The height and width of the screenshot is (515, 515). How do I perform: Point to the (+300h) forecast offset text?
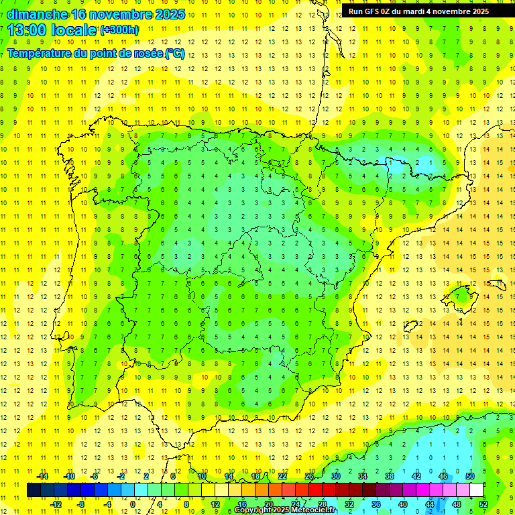[x=119, y=30]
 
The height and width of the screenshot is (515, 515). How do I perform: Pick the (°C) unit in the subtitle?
[x=174, y=53]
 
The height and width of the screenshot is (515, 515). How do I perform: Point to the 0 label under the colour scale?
[x=133, y=504]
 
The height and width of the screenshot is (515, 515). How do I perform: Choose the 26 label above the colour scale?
[x=309, y=476]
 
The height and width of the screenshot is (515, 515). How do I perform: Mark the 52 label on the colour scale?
[x=483, y=504]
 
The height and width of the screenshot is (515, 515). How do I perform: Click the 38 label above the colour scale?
[x=390, y=476]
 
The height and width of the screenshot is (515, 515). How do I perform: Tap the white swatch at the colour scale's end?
[x=476, y=490]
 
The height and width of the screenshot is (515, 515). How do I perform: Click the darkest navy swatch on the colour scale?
[x=34, y=490]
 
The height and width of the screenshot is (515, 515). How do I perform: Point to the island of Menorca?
[x=496, y=285]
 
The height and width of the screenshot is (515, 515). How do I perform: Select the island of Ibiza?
[x=410, y=327]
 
